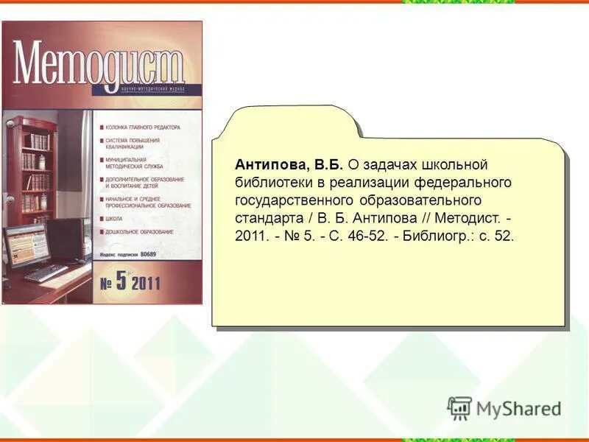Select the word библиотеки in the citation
269,182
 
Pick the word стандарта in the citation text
266,219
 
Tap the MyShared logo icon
459,408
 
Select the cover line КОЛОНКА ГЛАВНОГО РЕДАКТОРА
143,127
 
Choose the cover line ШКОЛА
114,219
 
